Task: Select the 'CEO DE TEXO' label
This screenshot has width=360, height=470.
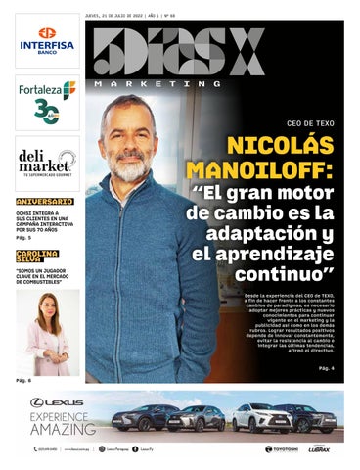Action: (311, 124)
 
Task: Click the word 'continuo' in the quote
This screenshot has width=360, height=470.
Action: (289, 275)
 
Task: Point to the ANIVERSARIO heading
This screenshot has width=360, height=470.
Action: (44, 202)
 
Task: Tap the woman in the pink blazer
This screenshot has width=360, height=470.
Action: (46, 333)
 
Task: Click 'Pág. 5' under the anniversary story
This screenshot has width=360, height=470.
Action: (23, 238)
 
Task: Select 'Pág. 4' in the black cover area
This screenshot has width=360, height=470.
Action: (326, 368)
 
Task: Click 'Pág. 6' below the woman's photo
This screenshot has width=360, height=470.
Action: (23, 379)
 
